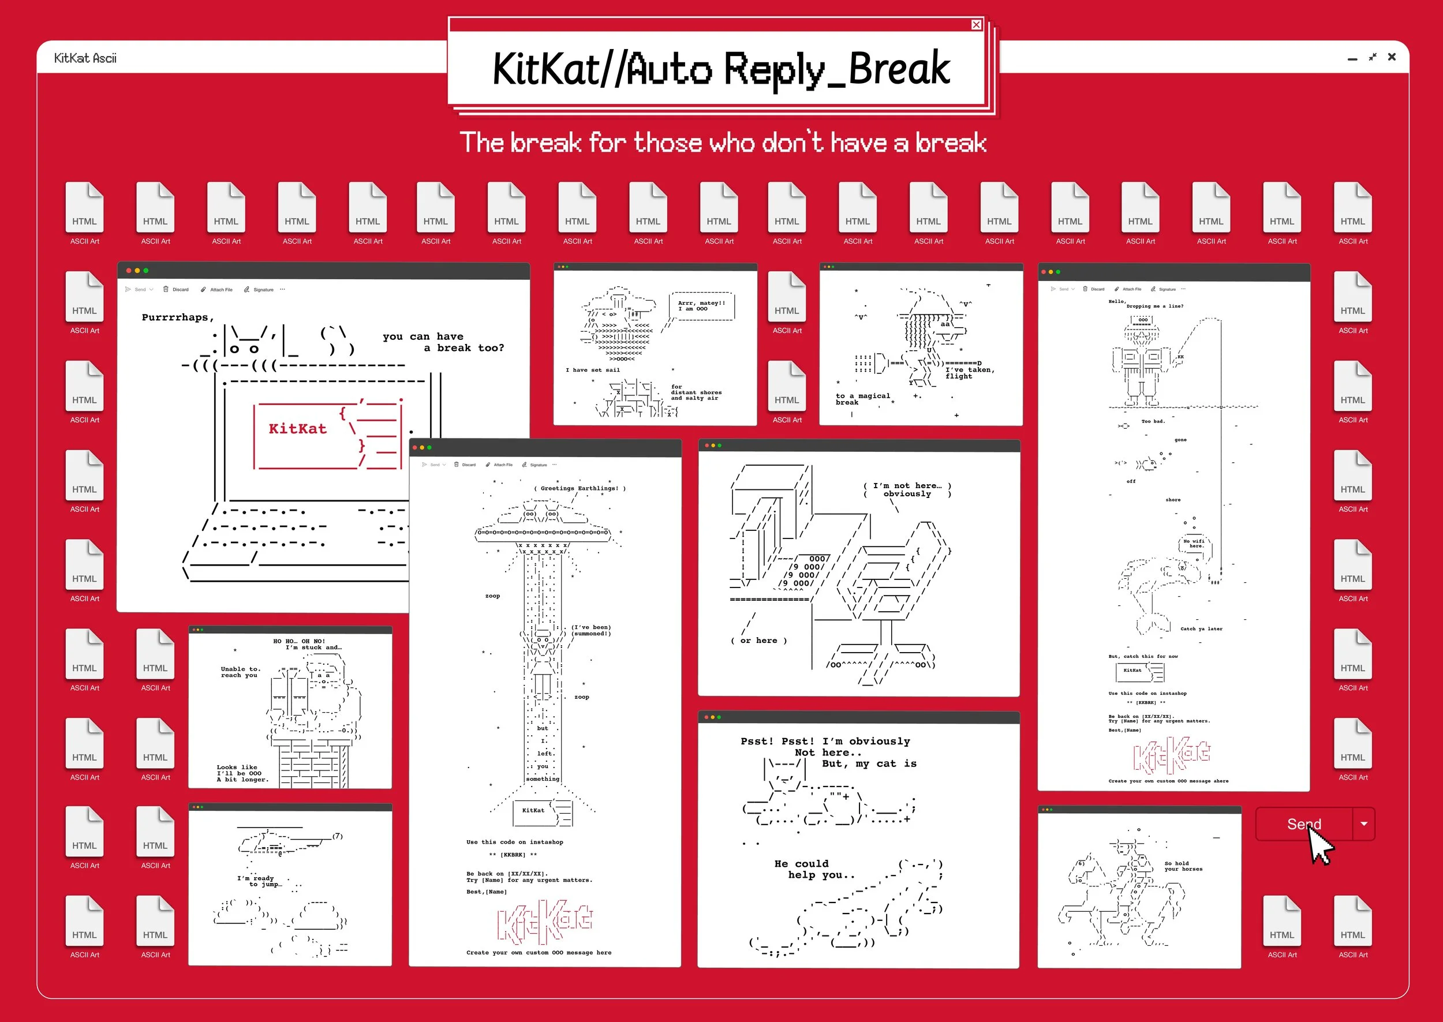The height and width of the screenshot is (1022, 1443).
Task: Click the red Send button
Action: (1303, 823)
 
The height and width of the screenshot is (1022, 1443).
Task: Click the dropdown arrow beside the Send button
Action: (1364, 823)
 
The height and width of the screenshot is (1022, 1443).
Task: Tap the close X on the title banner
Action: (976, 25)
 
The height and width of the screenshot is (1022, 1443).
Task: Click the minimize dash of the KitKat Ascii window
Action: (1352, 58)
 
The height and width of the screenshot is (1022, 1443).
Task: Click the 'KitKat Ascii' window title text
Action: (85, 58)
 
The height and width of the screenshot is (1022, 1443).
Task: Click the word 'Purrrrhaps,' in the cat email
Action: (177, 317)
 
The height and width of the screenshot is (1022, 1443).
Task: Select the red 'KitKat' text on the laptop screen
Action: (298, 429)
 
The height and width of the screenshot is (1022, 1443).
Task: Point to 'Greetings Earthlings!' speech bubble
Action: (580, 488)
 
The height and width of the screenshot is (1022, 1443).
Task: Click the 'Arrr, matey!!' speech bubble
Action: (701, 306)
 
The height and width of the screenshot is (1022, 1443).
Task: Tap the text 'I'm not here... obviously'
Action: (907, 489)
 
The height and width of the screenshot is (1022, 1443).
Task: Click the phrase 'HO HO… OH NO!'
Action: (299, 641)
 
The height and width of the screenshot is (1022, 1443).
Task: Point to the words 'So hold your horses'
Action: (1183, 866)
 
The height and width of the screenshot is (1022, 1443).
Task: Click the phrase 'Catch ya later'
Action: (1201, 628)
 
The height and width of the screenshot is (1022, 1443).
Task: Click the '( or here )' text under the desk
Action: (758, 641)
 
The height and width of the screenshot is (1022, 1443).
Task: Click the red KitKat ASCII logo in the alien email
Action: (544, 922)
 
